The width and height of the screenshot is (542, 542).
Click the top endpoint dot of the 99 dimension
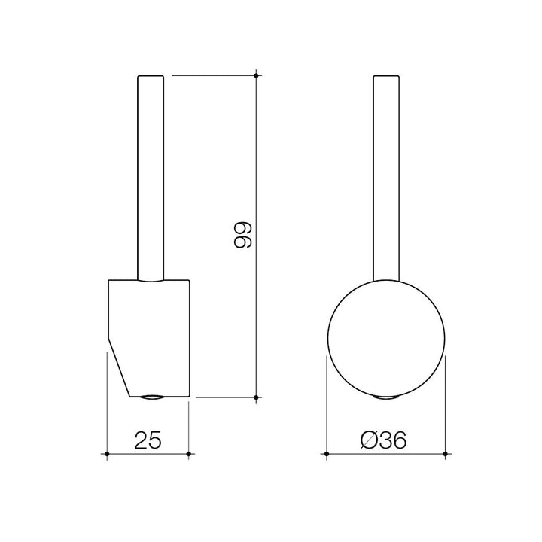(257, 75)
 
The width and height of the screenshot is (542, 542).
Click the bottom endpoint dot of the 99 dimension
(257, 397)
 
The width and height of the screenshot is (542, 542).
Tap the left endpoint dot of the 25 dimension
(107, 454)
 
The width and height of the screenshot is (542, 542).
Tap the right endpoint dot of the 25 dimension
(189, 454)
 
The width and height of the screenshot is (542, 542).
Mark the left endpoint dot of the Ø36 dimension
(325, 454)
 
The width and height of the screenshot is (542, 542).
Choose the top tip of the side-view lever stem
(149, 76)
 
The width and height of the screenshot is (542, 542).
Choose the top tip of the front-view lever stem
(385, 76)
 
